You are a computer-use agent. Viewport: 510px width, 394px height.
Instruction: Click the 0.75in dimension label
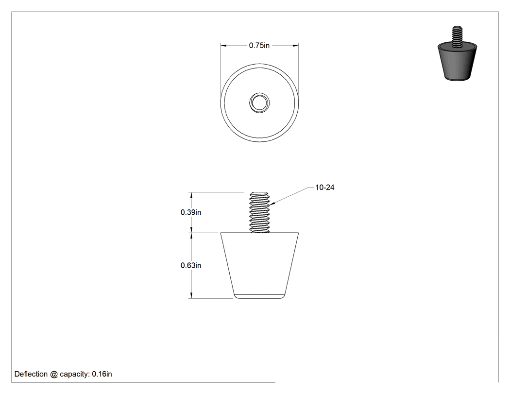click(x=259, y=46)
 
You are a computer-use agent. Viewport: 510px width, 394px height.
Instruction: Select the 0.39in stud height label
click(x=191, y=212)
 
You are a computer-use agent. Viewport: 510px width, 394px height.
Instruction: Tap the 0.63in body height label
click(x=191, y=265)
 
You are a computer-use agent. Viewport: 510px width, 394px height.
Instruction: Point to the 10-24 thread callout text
click(x=325, y=188)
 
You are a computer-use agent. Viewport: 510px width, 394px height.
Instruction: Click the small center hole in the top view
click(x=259, y=103)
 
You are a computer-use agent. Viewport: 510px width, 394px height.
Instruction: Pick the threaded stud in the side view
click(x=259, y=212)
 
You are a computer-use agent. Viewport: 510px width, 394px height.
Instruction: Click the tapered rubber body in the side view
click(x=259, y=265)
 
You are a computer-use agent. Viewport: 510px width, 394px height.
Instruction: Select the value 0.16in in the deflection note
click(x=102, y=374)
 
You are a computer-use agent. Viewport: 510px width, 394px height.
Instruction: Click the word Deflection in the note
click(x=31, y=374)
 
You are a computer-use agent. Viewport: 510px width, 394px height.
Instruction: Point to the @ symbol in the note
click(x=53, y=374)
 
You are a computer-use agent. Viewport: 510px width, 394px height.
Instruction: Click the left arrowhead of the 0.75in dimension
click(x=223, y=46)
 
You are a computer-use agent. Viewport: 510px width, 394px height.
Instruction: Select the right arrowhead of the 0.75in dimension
click(x=296, y=46)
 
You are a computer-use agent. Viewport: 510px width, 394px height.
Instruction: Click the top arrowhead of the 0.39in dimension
click(x=191, y=195)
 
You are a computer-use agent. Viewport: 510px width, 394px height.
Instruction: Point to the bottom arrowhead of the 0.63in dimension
click(x=191, y=295)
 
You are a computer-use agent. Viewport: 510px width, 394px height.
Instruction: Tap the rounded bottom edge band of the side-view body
click(x=259, y=296)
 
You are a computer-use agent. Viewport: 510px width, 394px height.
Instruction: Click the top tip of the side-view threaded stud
click(x=259, y=192)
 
